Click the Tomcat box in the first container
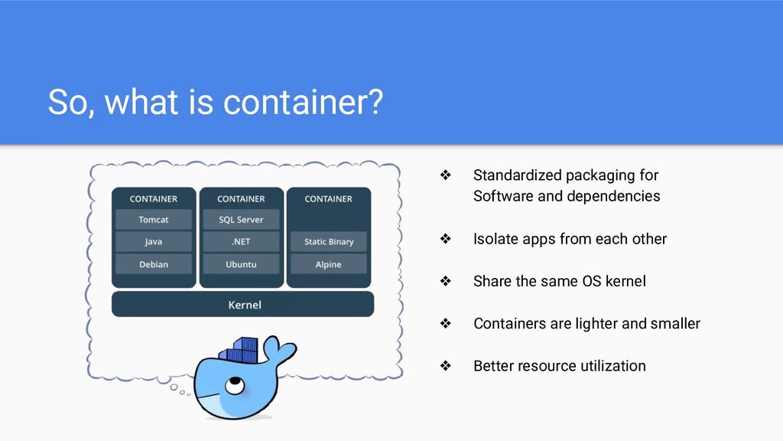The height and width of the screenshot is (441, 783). pyautogui.click(x=154, y=220)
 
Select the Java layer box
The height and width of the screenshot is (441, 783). pyautogui.click(x=154, y=242)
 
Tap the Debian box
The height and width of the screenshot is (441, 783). pyautogui.click(x=154, y=264)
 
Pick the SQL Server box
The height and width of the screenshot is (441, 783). pyautogui.click(x=241, y=220)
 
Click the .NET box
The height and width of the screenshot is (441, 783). pyautogui.click(x=241, y=242)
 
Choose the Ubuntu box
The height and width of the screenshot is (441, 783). pyautogui.click(x=241, y=264)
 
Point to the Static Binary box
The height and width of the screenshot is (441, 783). pyautogui.click(x=329, y=242)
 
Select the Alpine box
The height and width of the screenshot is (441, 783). pyautogui.click(x=329, y=264)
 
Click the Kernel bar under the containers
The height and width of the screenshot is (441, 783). pyautogui.click(x=243, y=305)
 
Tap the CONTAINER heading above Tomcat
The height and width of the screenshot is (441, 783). pyautogui.click(x=154, y=199)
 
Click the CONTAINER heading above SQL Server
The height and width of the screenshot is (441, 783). pyautogui.click(x=241, y=199)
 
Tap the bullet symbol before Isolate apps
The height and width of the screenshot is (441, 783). pyautogui.click(x=444, y=240)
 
